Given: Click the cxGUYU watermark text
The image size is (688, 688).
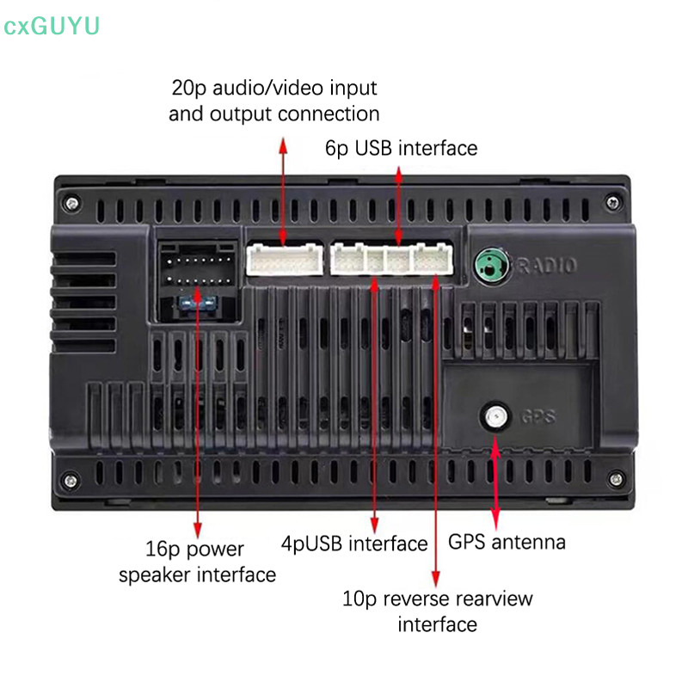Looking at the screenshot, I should (x=52, y=27).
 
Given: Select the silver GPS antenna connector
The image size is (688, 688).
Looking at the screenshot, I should (x=494, y=418).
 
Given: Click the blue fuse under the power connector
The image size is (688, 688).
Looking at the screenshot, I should (x=193, y=303).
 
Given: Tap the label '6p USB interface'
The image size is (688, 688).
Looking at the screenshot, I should (x=401, y=148).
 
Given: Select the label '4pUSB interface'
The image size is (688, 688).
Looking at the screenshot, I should (x=354, y=544).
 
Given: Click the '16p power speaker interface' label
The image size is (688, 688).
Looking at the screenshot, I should (x=198, y=562).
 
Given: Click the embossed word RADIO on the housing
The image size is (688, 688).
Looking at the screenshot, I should (x=545, y=266).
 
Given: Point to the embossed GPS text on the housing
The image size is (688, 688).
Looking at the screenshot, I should (x=538, y=418).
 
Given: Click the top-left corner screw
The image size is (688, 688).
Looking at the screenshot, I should (x=73, y=202).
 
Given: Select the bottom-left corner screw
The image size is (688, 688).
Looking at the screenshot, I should (x=73, y=479).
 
